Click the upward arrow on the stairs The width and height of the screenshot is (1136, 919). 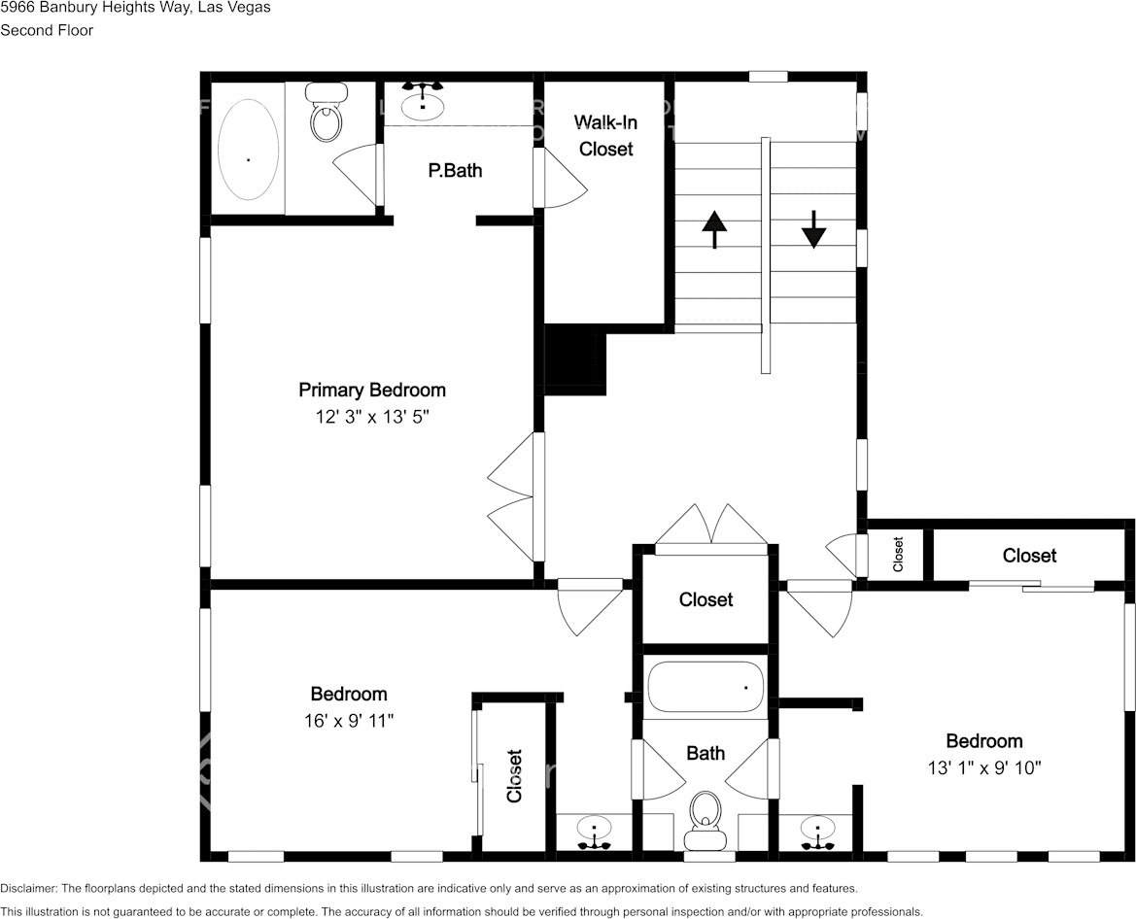pos(714,229)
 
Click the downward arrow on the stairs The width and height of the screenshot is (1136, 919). pos(813,229)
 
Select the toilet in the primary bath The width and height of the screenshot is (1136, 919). pos(327,115)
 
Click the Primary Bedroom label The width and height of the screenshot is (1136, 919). pos(371,390)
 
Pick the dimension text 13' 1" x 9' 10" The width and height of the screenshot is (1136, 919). pos(984,767)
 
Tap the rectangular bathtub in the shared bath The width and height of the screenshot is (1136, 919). pos(706,688)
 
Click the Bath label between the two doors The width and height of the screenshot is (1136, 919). pos(705,753)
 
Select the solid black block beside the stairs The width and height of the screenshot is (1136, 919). pos(574,360)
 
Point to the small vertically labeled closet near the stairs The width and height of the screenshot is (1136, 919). pos(898,555)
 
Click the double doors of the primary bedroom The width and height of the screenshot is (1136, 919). pos(513,496)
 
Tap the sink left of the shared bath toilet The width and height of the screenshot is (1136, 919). pos(593,832)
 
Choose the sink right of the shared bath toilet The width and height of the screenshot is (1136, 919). pos(818,832)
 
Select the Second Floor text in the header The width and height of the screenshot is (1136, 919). pos(47,30)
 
